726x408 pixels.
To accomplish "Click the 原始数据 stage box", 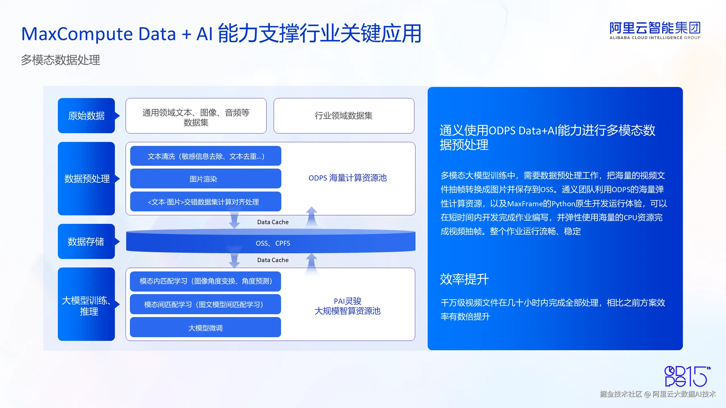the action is click(86, 116).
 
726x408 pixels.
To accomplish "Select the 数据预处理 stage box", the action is click(86, 178).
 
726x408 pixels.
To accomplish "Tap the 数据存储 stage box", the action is click(86, 241).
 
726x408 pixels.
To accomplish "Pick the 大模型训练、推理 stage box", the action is click(86, 304).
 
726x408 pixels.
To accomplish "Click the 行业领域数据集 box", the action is click(344, 116).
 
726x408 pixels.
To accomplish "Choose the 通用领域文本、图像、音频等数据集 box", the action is click(196, 116).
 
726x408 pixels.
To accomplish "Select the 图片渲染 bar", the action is click(206, 178).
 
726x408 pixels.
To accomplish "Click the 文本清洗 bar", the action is click(206, 156).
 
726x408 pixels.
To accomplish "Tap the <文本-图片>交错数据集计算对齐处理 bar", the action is click(206, 201).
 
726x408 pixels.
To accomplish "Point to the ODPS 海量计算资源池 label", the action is click(347, 178).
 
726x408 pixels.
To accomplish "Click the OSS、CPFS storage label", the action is click(273, 243).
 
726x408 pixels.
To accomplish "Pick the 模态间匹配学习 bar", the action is click(205, 304).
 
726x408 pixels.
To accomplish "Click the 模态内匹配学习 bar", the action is click(205, 281).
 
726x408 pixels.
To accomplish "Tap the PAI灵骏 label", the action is click(347, 301).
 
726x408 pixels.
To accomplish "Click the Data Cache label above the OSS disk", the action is click(273, 222).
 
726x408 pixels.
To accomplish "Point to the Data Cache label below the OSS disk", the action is click(273, 260).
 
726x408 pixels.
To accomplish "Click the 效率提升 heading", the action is click(464, 279).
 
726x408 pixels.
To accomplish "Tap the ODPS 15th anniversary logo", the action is click(688, 376).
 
